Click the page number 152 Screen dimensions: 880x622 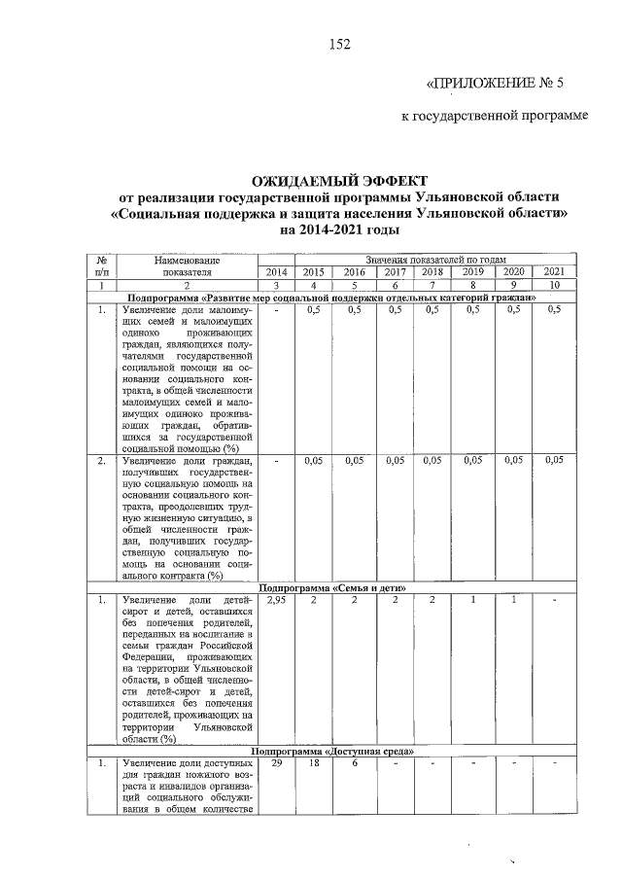(338, 44)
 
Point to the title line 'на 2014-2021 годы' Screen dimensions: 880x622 (339, 230)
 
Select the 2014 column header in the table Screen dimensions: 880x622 (277, 272)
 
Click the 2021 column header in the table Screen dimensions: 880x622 (554, 272)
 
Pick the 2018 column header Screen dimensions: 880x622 (432, 272)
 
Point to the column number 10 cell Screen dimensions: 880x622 (554, 286)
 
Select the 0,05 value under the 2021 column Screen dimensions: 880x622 (554, 460)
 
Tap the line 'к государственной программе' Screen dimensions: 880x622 (496, 118)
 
